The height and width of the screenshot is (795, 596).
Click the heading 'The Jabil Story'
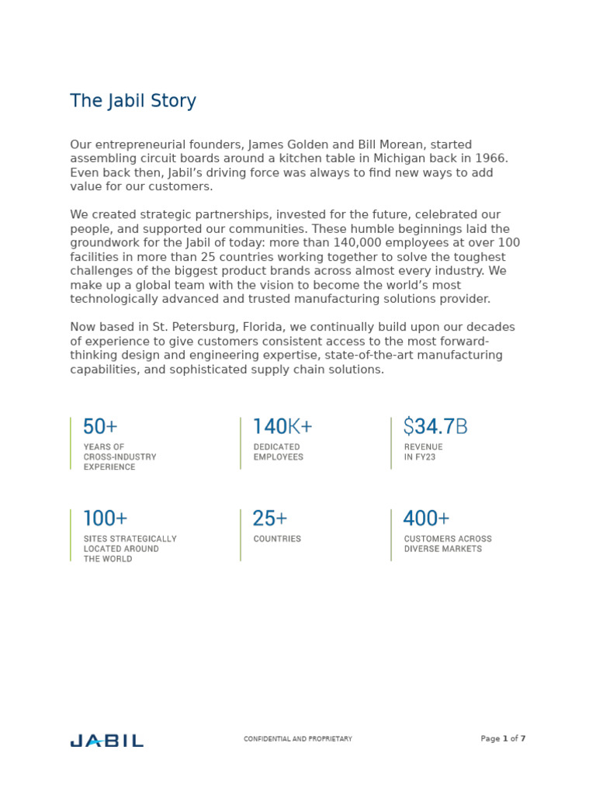pos(133,101)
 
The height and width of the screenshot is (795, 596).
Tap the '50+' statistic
pos(100,427)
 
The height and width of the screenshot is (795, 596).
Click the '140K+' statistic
pos(282,427)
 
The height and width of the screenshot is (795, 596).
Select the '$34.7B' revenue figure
pos(435,427)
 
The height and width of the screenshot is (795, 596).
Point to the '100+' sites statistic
pos(105,519)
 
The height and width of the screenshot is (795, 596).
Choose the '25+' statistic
pos(270,519)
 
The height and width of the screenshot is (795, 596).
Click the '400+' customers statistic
pos(426,519)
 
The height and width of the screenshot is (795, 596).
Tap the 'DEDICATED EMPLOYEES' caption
pos(279,452)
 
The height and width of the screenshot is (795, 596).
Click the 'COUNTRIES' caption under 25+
pos(277,539)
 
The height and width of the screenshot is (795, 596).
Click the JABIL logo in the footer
pos(106,741)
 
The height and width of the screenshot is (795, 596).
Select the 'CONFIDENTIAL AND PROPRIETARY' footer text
pos(298,739)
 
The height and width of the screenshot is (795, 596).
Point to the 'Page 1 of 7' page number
pos(503,739)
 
